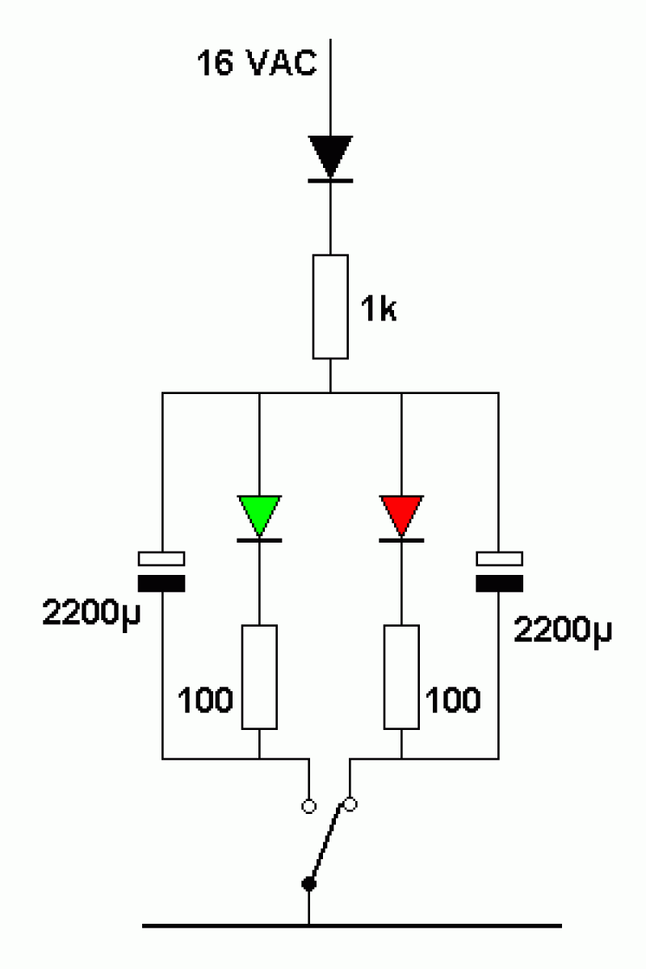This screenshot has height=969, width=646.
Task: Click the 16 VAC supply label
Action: [257, 63]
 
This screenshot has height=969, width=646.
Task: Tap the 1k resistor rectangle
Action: [330, 307]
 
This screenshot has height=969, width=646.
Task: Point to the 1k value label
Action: [378, 308]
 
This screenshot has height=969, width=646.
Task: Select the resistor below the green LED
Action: [259, 677]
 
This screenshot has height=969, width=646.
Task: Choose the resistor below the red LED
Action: [401, 677]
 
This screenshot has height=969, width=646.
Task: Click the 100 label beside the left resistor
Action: [205, 699]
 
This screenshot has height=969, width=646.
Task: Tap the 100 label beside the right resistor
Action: [452, 699]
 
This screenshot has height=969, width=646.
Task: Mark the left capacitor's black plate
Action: [161, 583]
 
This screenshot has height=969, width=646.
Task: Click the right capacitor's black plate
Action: [499, 583]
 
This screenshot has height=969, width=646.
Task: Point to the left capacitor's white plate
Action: [161, 559]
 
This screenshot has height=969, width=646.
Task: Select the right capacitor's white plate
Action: [499, 559]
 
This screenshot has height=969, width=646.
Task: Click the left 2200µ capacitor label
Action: [91, 614]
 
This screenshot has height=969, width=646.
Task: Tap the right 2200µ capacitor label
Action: [563, 631]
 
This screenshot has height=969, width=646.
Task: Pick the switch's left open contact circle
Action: [308, 807]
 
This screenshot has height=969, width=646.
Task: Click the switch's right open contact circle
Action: [350, 804]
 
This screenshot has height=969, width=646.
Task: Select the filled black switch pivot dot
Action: [308, 884]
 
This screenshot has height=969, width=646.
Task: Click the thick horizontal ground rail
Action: [352, 926]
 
